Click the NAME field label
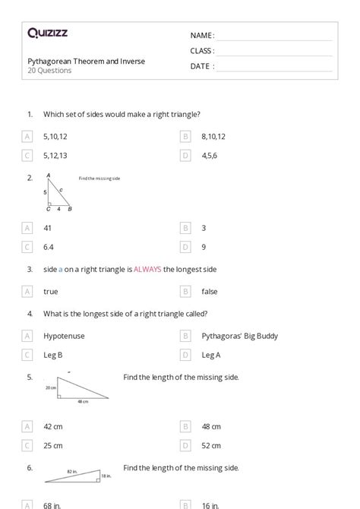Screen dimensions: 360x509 tap(201, 36)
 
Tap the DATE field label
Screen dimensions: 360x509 tap(201, 66)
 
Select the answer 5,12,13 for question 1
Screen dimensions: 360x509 tap(55, 155)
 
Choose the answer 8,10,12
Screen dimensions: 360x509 tap(213, 137)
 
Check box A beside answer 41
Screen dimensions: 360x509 tap(27, 228)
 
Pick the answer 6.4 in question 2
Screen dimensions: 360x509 tap(49, 247)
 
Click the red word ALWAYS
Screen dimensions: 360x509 tap(147, 269)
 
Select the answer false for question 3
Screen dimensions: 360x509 tap(210, 291)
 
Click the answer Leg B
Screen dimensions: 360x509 tap(53, 355)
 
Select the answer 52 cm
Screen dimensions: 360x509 tap(211, 445)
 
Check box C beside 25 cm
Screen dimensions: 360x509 tap(27, 445)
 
